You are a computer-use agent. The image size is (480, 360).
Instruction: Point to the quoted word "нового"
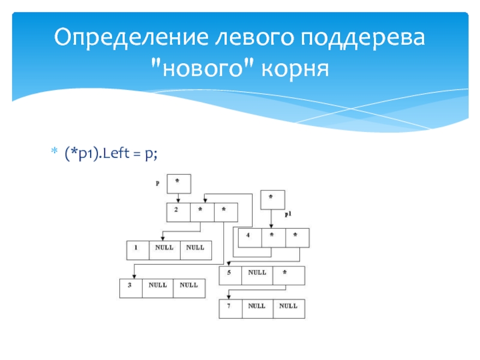204,68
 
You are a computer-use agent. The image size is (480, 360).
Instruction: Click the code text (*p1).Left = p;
112,154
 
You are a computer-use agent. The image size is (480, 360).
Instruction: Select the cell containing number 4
250,238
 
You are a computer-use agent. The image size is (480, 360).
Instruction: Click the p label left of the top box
157,183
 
